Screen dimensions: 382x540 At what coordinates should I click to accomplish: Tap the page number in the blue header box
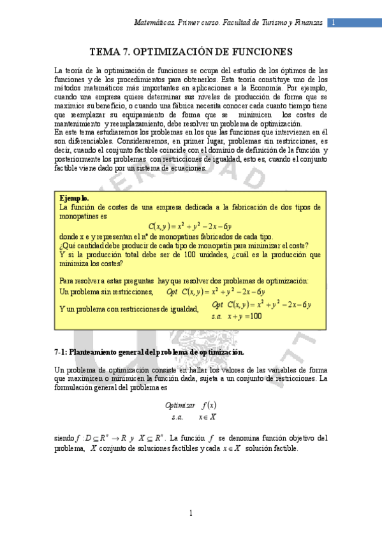[332, 22]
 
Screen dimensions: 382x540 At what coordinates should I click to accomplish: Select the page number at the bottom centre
[191, 513]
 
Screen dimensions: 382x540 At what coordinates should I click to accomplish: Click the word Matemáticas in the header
[155, 22]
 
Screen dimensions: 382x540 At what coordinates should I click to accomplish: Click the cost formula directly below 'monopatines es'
[190, 225]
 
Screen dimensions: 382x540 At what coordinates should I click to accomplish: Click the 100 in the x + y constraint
[255, 316]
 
